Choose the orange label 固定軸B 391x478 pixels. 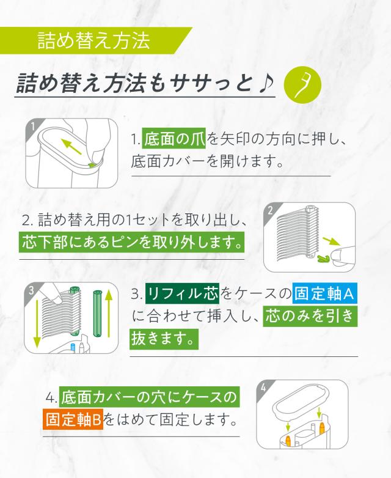(x=75, y=421)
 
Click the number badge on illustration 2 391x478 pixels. (x=271, y=211)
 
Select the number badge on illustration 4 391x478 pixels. (x=263, y=388)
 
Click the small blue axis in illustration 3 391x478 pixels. (x=73, y=347)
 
